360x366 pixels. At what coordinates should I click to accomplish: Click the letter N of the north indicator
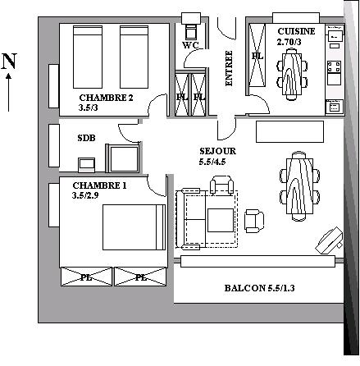(9, 61)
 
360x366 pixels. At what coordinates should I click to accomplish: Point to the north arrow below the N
(9, 92)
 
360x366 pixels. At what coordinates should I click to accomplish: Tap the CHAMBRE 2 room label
(106, 98)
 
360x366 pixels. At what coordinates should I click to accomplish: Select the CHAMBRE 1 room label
(99, 185)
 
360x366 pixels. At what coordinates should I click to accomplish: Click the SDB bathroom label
(86, 138)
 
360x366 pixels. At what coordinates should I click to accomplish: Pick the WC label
(190, 45)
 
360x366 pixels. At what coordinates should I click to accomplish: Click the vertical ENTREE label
(229, 68)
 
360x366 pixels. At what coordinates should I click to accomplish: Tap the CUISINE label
(296, 31)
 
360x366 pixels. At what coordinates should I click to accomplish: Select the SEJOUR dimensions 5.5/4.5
(212, 162)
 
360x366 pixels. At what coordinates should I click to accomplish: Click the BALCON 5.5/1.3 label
(259, 288)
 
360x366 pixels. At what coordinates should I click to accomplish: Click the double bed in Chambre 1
(134, 227)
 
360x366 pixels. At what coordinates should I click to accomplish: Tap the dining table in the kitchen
(292, 74)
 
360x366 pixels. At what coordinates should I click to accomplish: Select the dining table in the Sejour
(299, 186)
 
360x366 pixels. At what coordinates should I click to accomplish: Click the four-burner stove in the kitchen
(335, 66)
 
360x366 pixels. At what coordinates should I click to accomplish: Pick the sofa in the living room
(190, 219)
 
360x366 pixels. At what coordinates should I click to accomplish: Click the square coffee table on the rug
(221, 220)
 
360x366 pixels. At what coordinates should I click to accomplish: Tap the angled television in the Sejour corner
(329, 240)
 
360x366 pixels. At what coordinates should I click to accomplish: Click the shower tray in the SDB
(124, 159)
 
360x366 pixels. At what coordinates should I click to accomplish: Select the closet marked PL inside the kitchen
(257, 55)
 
